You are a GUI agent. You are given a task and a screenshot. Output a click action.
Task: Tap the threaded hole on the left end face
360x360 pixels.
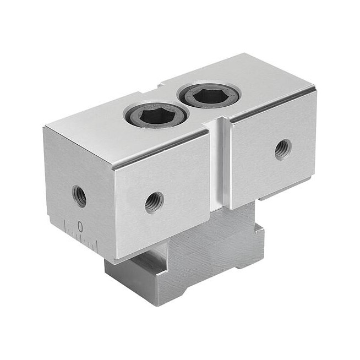point(79,197)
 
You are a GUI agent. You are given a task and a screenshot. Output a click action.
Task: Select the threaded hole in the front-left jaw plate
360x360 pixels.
point(155,203)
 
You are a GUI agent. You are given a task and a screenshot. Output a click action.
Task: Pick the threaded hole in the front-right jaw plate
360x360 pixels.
point(283,150)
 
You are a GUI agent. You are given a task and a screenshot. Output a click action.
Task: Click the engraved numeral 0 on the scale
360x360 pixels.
point(80,226)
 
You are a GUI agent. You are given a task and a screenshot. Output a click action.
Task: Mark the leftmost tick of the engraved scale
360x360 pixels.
point(66,226)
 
